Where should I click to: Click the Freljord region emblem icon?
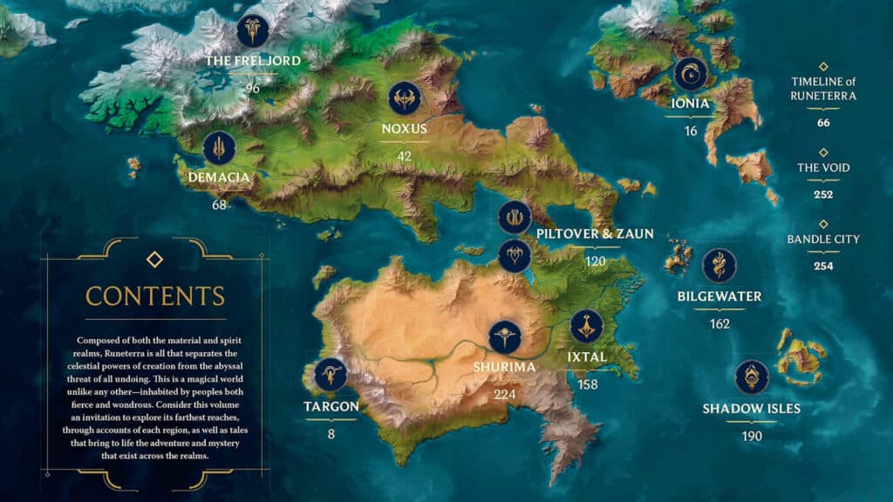pyautogui.click(x=253, y=31)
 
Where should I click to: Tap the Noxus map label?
pyautogui.click(x=404, y=129)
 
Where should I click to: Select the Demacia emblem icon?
pyautogui.click(x=220, y=148)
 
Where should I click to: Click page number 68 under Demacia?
pyautogui.click(x=219, y=205)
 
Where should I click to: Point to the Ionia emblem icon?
pyautogui.click(x=691, y=74)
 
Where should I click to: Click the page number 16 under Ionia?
pyautogui.click(x=691, y=132)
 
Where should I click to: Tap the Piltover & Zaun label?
pyautogui.click(x=596, y=234)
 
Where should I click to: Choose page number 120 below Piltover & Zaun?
pyautogui.click(x=596, y=261)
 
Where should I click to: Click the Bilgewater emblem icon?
pyautogui.click(x=719, y=266)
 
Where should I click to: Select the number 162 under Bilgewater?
pyautogui.click(x=719, y=323)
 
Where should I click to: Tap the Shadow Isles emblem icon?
pyautogui.click(x=752, y=377)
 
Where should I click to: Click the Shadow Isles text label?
pyautogui.click(x=752, y=409)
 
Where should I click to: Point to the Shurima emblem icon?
pyautogui.click(x=505, y=337)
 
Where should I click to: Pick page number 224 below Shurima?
pyautogui.click(x=505, y=393)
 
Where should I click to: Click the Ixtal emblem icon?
pyautogui.click(x=587, y=326)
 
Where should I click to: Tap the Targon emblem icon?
pyautogui.click(x=331, y=375)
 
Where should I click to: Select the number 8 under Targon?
pyautogui.click(x=331, y=433)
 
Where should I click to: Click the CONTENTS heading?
pyautogui.click(x=155, y=295)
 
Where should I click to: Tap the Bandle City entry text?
pyautogui.click(x=823, y=239)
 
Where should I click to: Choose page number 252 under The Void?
pyautogui.click(x=823, y=194)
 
